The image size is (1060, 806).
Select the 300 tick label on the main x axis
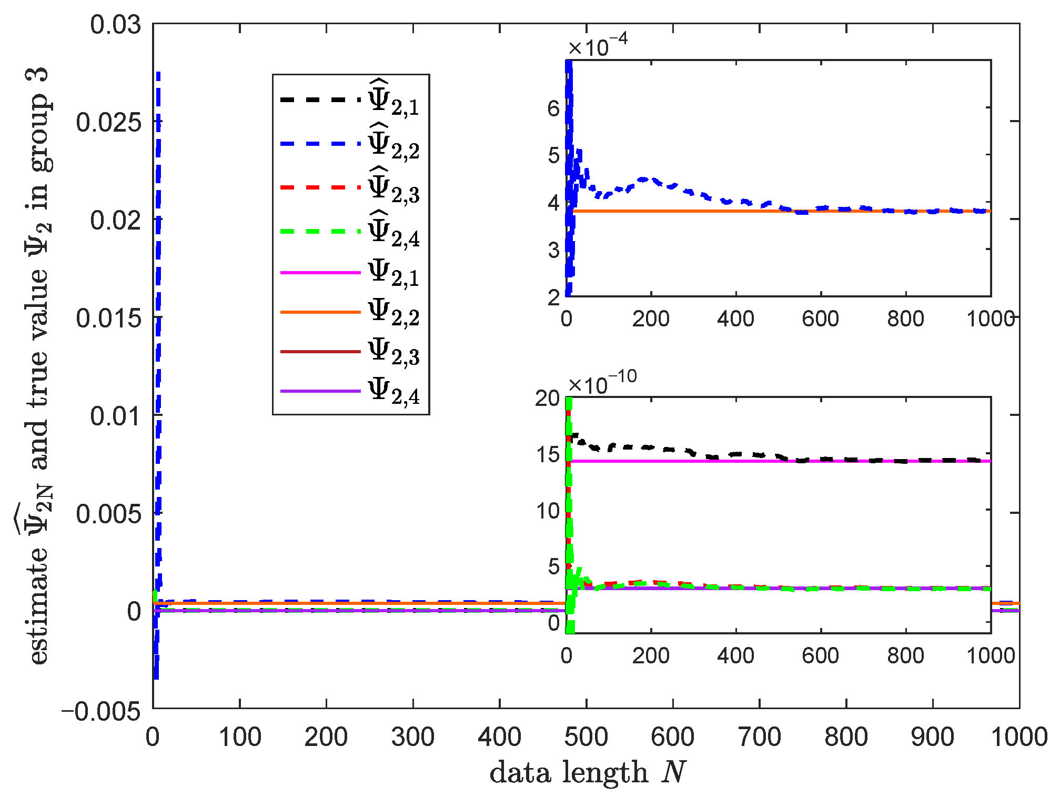413,737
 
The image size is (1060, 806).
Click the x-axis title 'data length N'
588,773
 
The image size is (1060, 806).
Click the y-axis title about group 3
38,366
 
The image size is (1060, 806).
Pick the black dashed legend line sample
320,99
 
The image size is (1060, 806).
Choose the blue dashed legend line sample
320,144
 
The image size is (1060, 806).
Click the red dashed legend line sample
320,187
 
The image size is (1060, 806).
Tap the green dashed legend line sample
320,232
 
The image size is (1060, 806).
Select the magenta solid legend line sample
320,273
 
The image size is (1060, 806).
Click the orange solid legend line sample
320,312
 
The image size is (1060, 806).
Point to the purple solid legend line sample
320,391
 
